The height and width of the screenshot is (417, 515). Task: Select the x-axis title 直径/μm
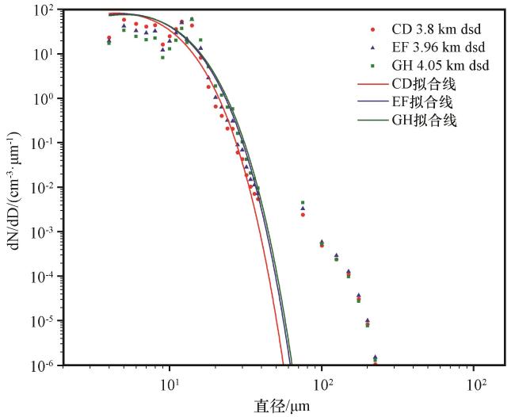(282, 407)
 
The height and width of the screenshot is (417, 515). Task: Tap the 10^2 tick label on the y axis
(43, 11)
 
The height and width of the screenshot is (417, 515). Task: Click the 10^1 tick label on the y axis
(43, 55)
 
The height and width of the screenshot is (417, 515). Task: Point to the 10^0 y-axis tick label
(43, 100)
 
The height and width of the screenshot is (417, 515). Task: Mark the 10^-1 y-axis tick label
(41, 144)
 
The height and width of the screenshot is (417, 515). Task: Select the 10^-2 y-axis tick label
(41, 189)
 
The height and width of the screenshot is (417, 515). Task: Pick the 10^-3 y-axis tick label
(41, 233)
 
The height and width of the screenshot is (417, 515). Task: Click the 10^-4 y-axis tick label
(41, 277)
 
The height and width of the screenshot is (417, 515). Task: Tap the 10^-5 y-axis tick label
(41, 322)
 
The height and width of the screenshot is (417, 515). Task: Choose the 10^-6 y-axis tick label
(41, 365)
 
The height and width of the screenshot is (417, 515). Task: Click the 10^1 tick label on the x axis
(170, 384)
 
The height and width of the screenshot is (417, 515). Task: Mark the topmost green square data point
(192, 19)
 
